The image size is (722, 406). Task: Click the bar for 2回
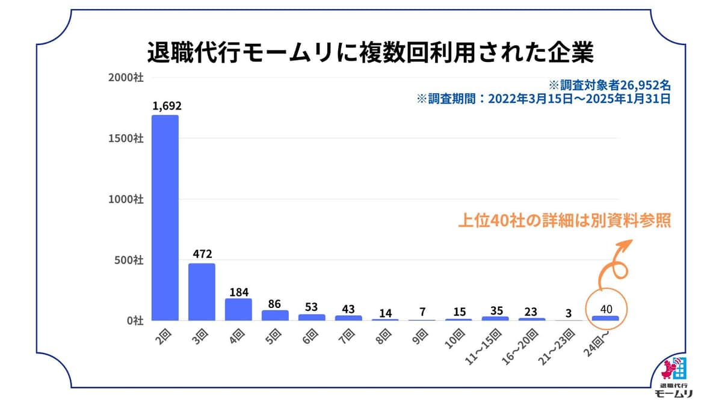(x=165, y=217)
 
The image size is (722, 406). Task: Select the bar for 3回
(x=202, y=292)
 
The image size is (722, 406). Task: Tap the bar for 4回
(x=238, y=309)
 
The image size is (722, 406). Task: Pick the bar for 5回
(x=275, y=315)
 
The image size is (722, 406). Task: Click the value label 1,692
(x=167, y=106)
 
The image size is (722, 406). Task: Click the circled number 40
(x=606, y=310)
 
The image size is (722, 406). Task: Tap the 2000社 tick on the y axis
(x=126, y=78)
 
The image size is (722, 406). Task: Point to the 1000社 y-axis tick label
(x=126, y=199)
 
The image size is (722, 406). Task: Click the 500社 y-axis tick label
(x=128, y=260)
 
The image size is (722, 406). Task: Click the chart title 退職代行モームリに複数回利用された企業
(x=371, y=53)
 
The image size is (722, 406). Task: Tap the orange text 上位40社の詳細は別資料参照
(x=564, y=221)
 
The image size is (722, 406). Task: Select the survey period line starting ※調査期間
(x=543, y=99)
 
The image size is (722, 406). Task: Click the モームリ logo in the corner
(x=677, y=377)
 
